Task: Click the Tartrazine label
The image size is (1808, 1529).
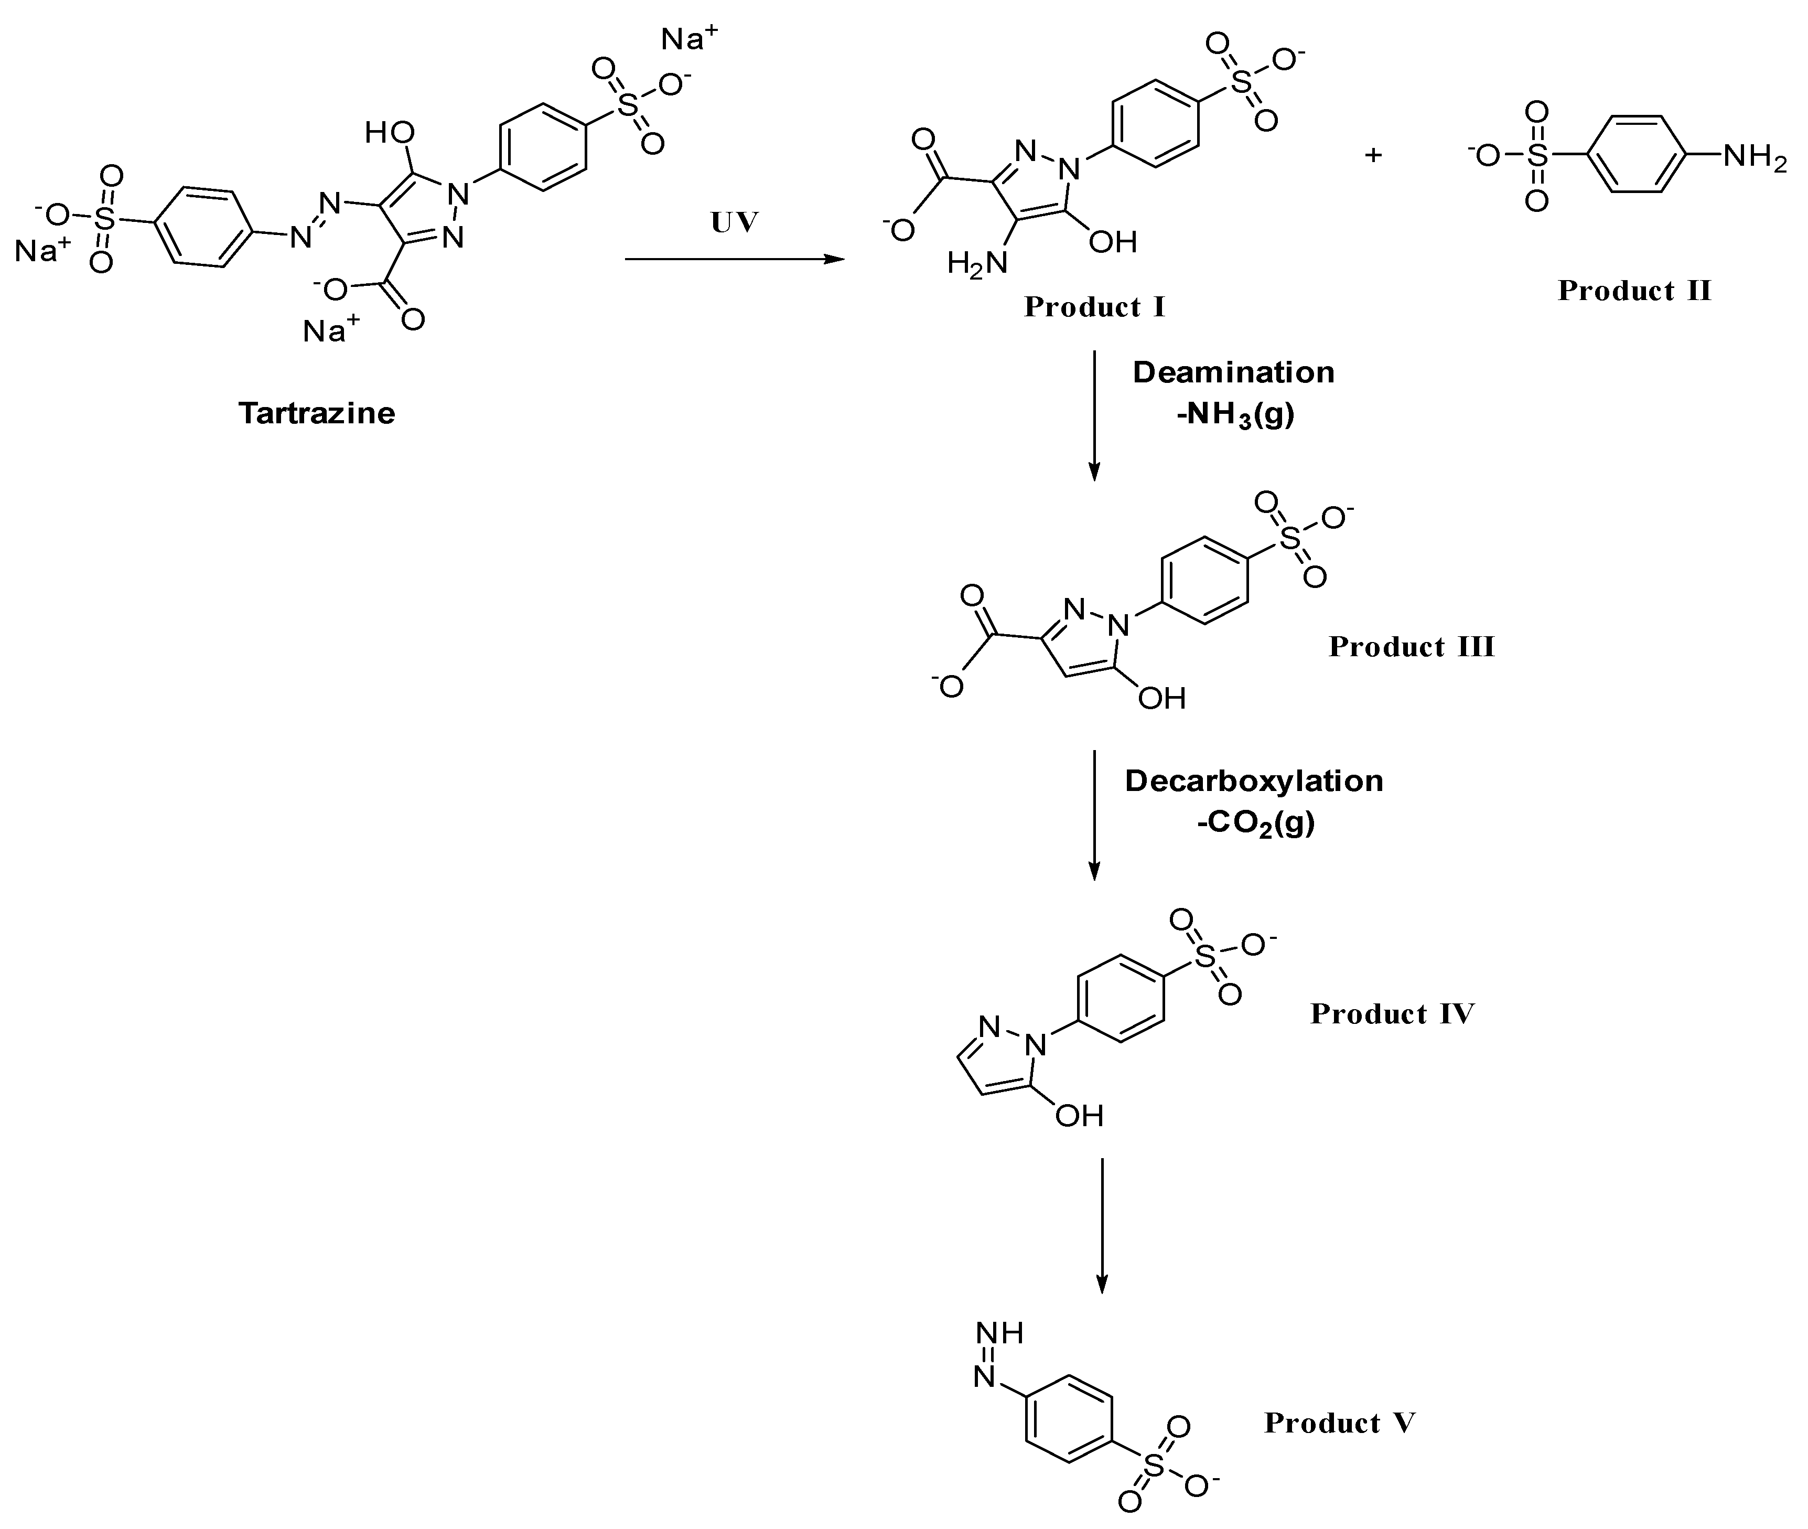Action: click(x=316, y=413)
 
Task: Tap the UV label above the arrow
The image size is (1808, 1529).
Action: click(x=735, y=223)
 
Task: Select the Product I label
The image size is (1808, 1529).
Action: click(x=1094, y=307)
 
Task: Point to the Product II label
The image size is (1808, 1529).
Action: click(x=1634, y=291)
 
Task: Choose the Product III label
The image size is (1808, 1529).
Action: click(x=1411, y=647)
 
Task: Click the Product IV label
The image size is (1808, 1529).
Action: click(x=1391, y=1013)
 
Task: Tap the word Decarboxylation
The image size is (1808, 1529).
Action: click(x=1254, y=781)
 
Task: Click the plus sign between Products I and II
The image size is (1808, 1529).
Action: click(x=1373, y=156)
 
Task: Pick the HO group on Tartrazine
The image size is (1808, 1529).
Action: click(x=389, y=133)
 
